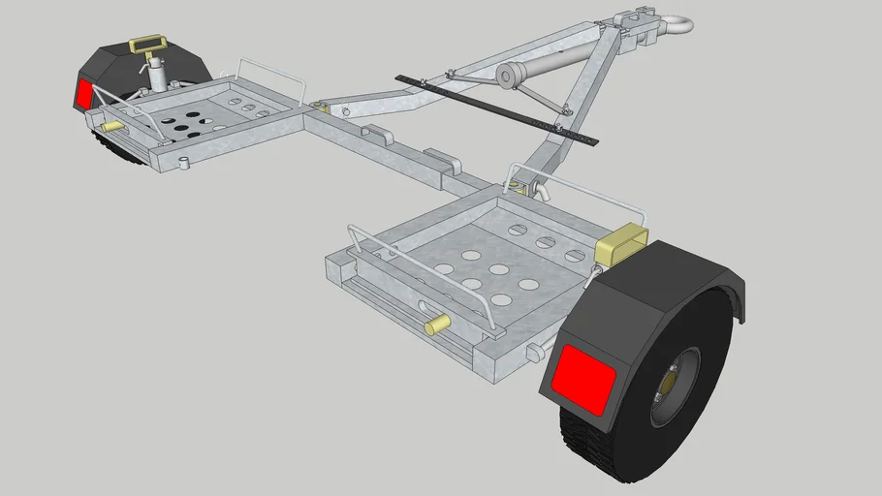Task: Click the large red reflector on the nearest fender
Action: [584, 375]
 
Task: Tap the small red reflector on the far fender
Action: [84, 94]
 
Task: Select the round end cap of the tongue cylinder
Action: [508, 76]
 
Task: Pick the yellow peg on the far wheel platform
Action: [112, 127]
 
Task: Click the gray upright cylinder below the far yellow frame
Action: [155, 75]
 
